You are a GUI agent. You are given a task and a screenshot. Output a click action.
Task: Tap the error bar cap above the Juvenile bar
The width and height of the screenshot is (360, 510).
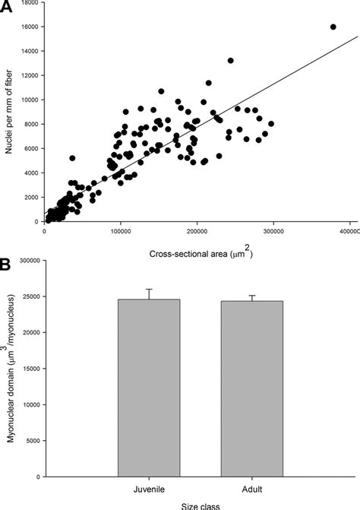pos(149,289)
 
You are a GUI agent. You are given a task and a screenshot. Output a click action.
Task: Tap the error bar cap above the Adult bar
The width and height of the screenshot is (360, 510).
pos(250,296)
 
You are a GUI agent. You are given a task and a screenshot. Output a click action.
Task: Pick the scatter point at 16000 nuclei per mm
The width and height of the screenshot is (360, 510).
pos(333,27)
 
